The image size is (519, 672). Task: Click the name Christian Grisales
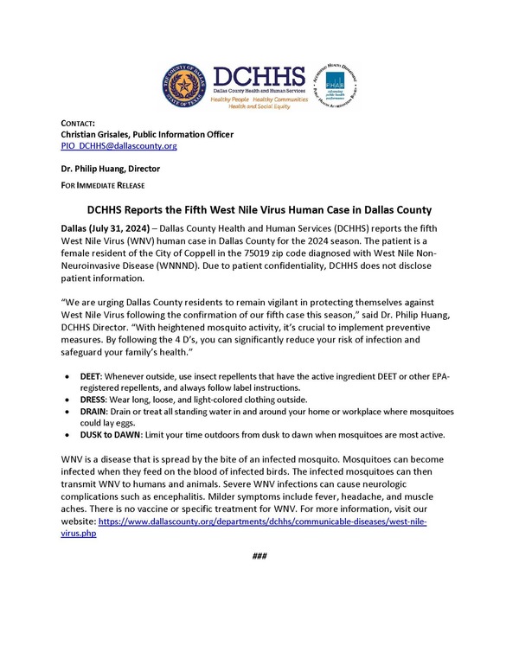pos(98,135)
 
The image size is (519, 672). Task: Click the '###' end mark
pos(259,555)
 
